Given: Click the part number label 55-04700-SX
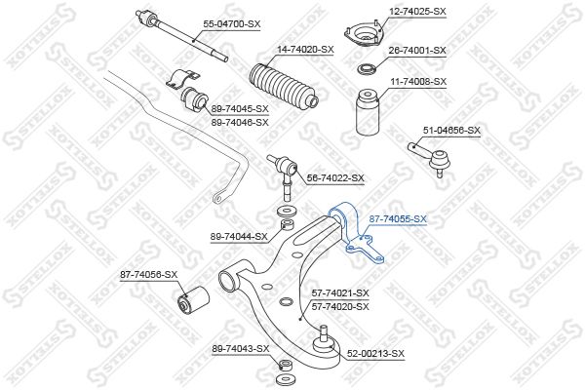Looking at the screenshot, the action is [232, 24].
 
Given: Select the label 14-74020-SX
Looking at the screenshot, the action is [305, 50].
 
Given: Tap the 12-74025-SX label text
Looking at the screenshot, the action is [417, 12].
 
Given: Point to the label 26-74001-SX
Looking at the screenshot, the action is [417, 51].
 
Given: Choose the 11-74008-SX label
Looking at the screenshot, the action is [418, 81].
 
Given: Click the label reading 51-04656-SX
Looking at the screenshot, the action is [451, 131].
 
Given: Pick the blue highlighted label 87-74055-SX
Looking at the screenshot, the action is [398, 219].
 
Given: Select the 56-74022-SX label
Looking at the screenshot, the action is [335, 178].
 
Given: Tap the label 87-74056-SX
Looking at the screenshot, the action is [148, 275].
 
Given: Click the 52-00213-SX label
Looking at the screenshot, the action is [375, 353].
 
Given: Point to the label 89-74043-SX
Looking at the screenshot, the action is [240, 349].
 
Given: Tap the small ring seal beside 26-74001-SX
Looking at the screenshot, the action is [366, 69].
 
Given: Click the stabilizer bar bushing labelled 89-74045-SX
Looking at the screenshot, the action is [194, 99].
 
